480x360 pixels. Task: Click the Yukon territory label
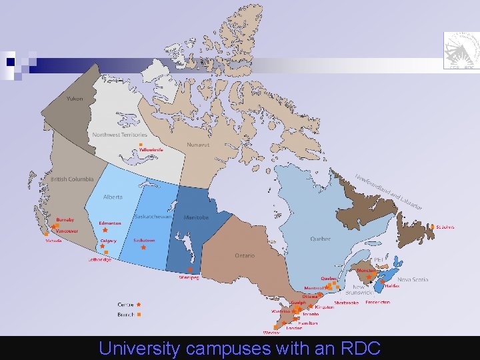pos(75,99)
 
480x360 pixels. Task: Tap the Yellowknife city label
pos(151,150)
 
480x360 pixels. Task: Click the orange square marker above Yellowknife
pos(141,145)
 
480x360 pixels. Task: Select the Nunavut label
pos(197,144)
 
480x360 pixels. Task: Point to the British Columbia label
pos(72,179)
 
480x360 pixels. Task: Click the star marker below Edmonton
pos(105,230)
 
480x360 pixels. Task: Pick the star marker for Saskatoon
pos(143,247)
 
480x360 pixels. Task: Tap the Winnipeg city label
pos(189,277)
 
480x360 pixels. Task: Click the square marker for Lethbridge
pos(106,253)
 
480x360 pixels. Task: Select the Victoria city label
pos(53,241)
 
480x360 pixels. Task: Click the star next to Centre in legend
pos(139,305)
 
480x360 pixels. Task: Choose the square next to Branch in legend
pos(139,314)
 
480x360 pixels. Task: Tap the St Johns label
pos(445,227)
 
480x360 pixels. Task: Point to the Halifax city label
pos(391,285)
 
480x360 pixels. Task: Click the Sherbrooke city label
pos(347,302)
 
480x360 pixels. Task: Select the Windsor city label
pos(271,332)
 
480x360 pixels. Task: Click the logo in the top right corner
pos(461,49)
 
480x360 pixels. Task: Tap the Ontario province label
pos(245,255)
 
